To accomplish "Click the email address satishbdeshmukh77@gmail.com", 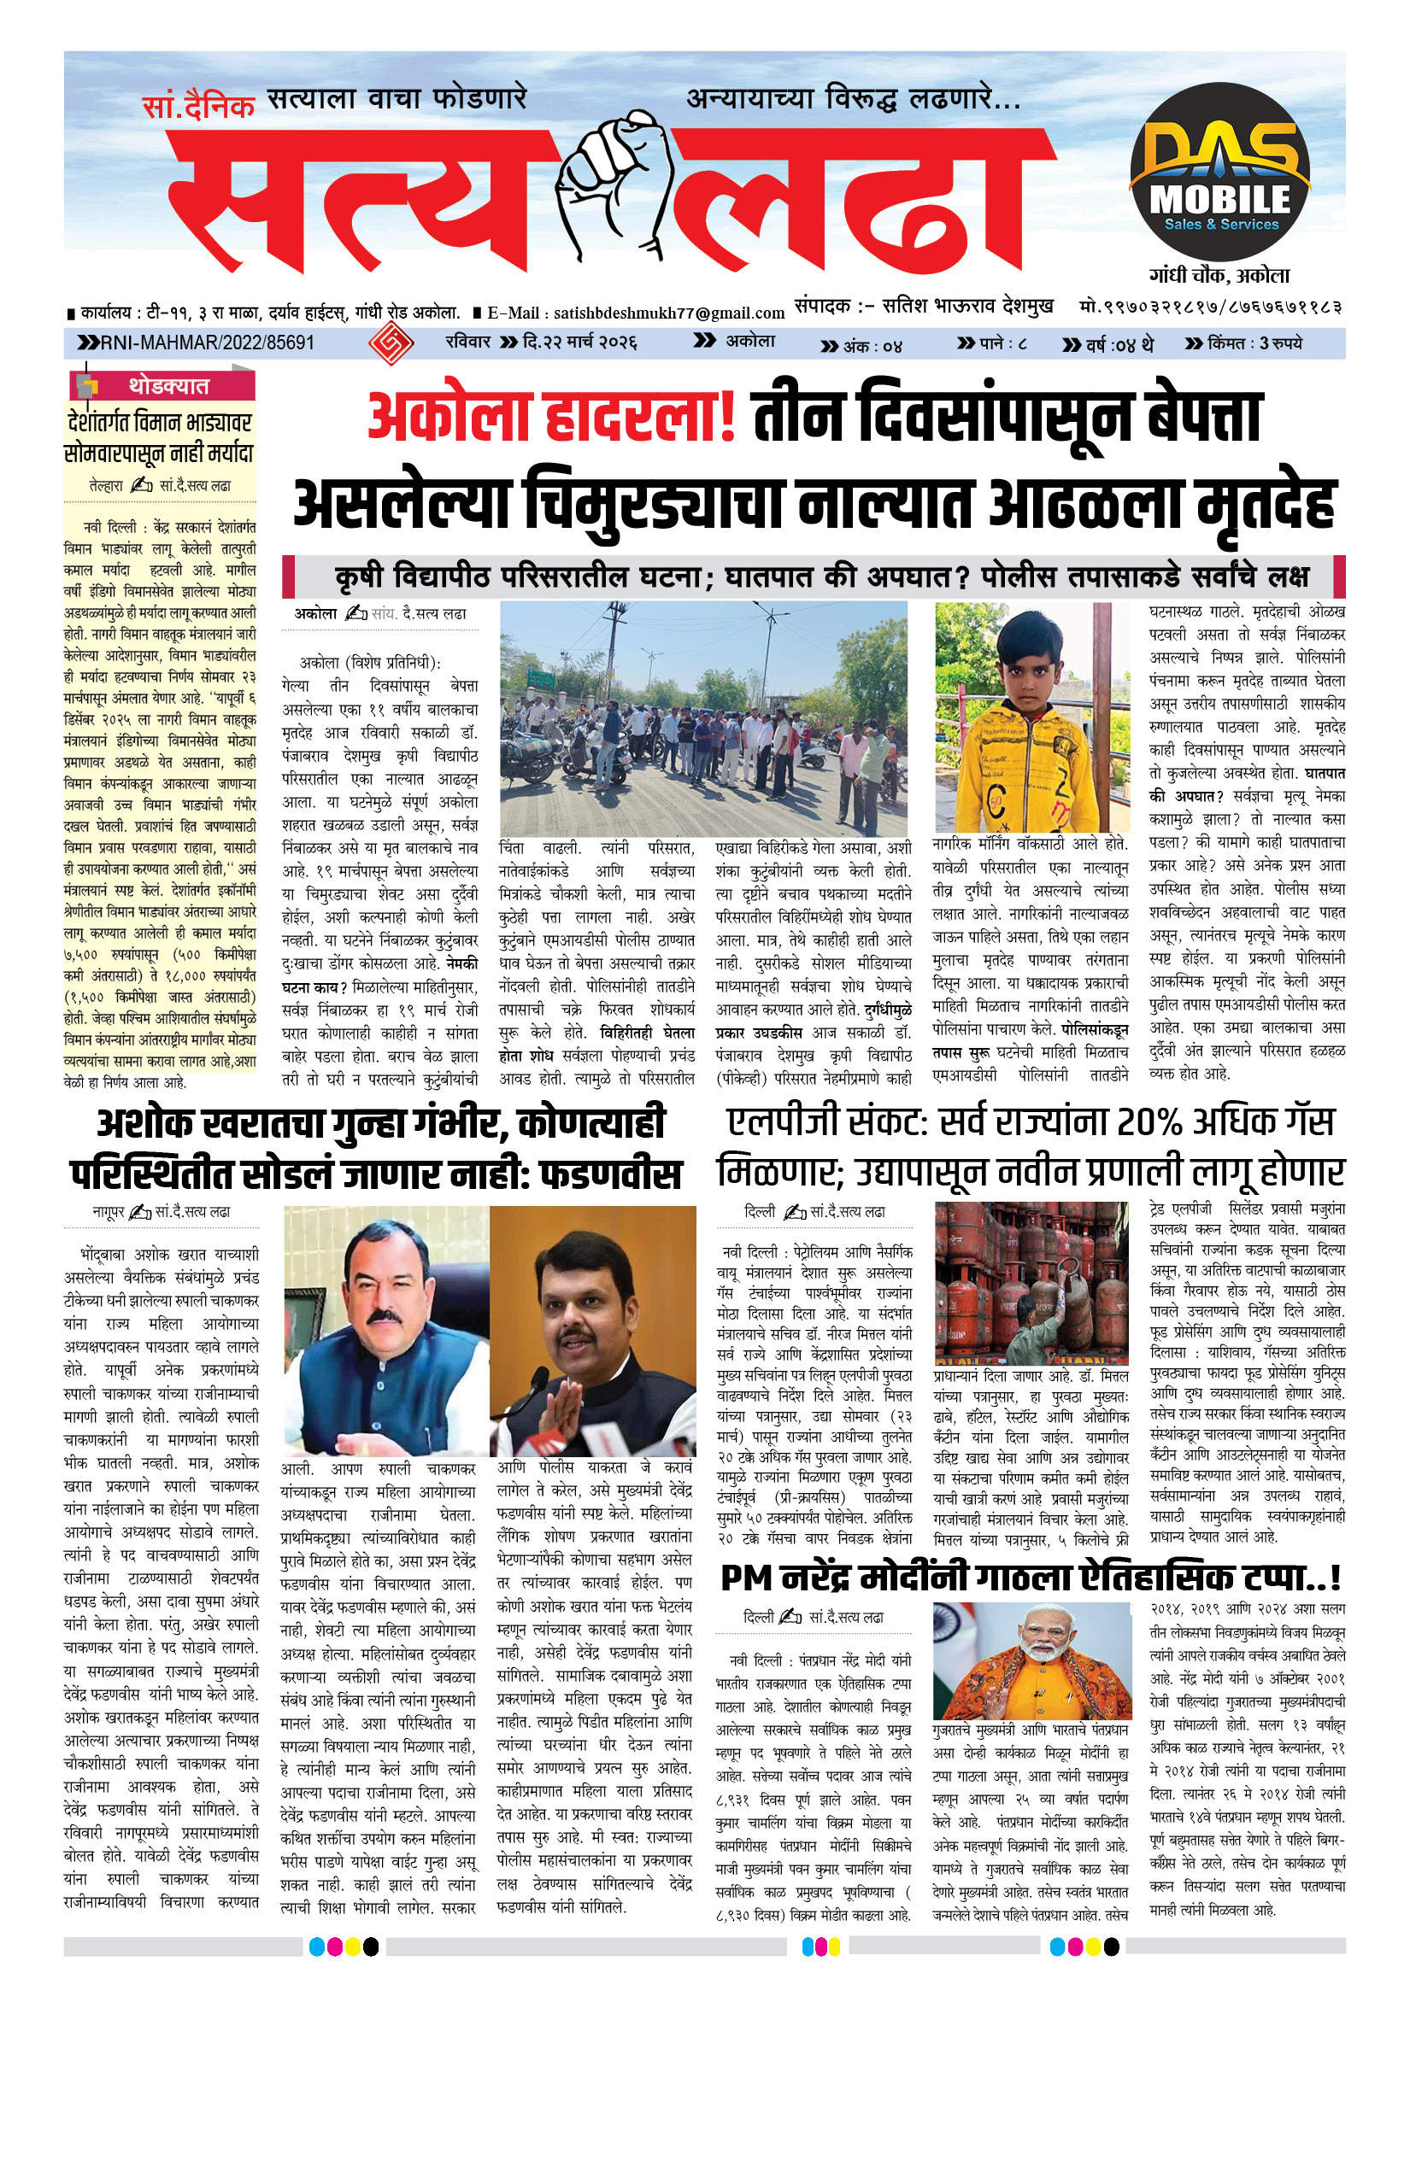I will [x=668, y=313].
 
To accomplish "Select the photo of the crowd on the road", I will [x=703, y=718].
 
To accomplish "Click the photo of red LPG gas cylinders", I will [x=1031, y=1282].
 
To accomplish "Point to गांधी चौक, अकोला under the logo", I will [x=1219, y=275].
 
